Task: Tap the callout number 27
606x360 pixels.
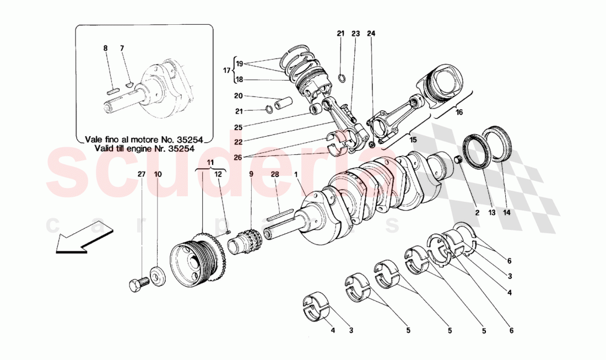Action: (142, 174)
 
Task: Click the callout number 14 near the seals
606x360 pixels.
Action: (504, 210)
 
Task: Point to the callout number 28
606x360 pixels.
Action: (274, 174)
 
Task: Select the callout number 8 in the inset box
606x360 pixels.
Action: (105, 49)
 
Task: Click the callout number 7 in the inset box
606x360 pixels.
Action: (123, 49)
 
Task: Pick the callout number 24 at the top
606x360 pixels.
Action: (371, 34)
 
